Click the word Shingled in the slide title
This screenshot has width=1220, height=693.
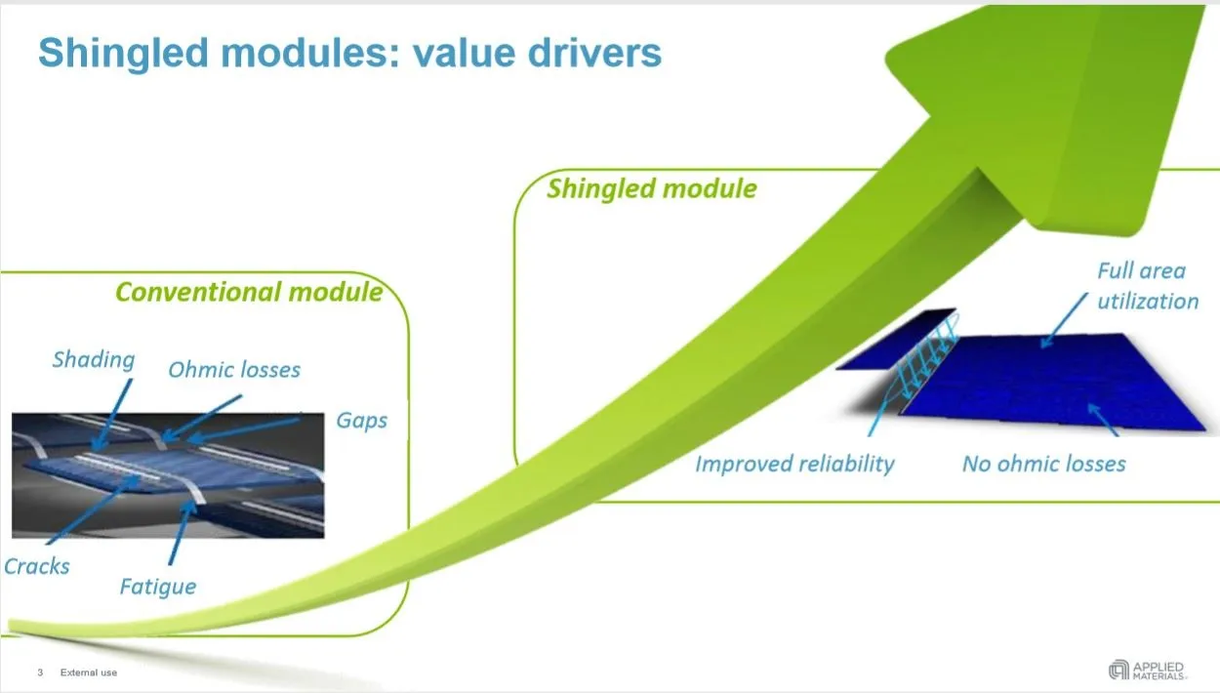124,54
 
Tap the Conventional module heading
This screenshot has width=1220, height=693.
249,292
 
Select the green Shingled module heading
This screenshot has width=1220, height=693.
651,189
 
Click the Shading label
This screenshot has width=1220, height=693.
93,359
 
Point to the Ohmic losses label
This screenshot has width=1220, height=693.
234,369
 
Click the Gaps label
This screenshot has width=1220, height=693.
362,421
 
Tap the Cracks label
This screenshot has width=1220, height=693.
37,567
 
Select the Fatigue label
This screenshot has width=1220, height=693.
158,588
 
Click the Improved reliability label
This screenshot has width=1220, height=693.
794,465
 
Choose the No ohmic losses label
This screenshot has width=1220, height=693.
1044,465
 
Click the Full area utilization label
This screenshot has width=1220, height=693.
1148,286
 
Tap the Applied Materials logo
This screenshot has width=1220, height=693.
1148,671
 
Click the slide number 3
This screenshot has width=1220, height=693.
40,673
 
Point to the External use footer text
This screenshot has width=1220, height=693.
89,673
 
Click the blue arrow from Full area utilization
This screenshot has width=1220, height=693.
1064,320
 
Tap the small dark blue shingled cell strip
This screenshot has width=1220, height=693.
896,339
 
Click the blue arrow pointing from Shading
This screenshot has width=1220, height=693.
112,415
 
